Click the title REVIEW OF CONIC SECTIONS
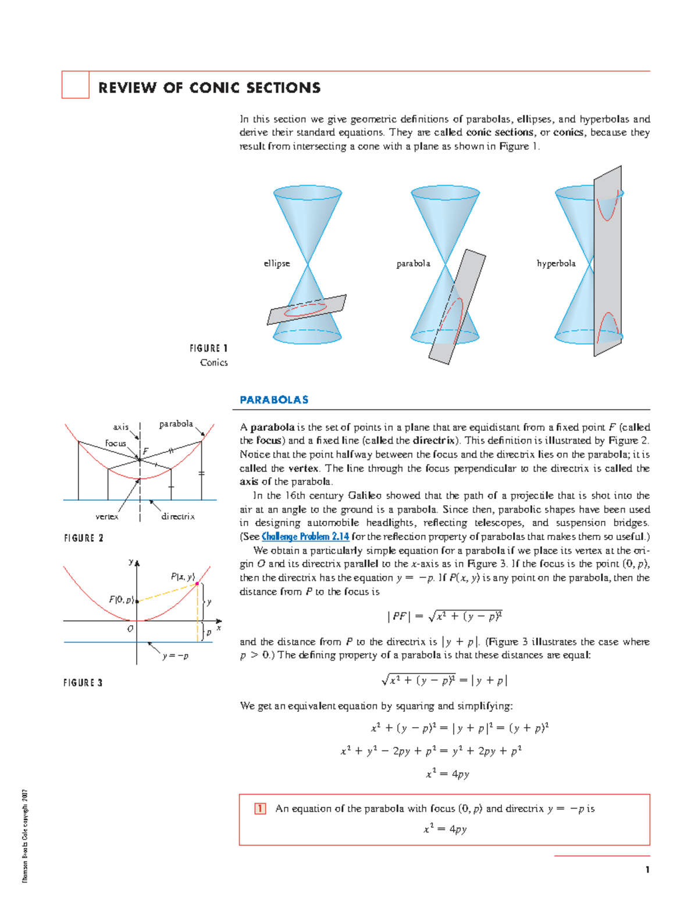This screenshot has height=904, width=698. tap(209, 88)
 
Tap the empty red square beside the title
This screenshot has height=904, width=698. tap(76, 85)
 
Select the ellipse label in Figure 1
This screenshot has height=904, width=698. tap(276, 264)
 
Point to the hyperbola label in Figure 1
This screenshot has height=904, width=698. tap(555, 264)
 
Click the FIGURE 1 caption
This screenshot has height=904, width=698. tap(208, 349)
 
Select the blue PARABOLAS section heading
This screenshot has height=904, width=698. tap(274, 400)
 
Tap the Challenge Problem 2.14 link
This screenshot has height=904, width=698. tap(305, 537)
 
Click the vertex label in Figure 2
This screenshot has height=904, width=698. tap(107, 516)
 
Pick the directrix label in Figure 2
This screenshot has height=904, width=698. tap(178, 516)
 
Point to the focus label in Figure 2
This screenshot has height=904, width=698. tap(115, 444)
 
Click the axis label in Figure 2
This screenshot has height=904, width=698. tap(120, 427)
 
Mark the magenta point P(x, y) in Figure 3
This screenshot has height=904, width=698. tap(198, 583)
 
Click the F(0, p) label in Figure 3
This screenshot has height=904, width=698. tap(122, 600)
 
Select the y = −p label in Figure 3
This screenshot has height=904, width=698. tap(175, 656)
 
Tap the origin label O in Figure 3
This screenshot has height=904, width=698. tap(130, 629)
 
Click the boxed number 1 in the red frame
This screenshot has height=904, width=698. tap(260, 809)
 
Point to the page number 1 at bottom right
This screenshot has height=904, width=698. tap(647, 870)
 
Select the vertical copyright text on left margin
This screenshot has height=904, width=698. tap(25, 835)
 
